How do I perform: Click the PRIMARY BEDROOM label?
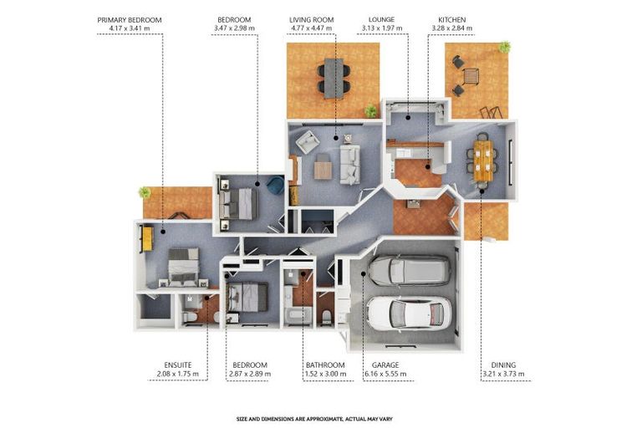pyautogui.click(x=130, y=20)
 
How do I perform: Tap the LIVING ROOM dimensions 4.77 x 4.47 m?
pyautogui.click(x=312, y=28)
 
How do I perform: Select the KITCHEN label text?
pyautogui.click(x=452, y=20)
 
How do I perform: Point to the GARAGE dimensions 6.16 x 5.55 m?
pyautogui.click(x=385, y=374)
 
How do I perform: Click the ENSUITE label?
pyautogui.click(x=178, y=365)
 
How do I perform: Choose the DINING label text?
pyautogui.click(x=503, y=365)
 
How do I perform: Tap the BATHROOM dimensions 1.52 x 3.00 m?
pyautogui.click(x=325, y=374)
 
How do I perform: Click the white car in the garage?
pyautogui.click(x=410, y=313)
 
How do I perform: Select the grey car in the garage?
pyautogui.click(x=410, y=270)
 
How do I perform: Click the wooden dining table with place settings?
pyautogui.click(x=483, y=160)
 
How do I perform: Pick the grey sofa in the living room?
pyautogui.click(x=350, y=165)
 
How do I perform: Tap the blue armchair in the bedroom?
pyautogui.click(x=275, y=185)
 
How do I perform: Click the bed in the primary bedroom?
pyautogui.click(x=184, y=266)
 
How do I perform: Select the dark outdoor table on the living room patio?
pyautogui.click(x=334, y=79)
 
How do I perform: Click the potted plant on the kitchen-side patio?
pyautogui.click(x=504, y=47)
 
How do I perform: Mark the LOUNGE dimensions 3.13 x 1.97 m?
pyautogui.click(x=382, y=28)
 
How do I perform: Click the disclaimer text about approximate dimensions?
pyautogui.click(x=314, y=419)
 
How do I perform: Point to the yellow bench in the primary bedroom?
pyautogui.click(x=147, y=239)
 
